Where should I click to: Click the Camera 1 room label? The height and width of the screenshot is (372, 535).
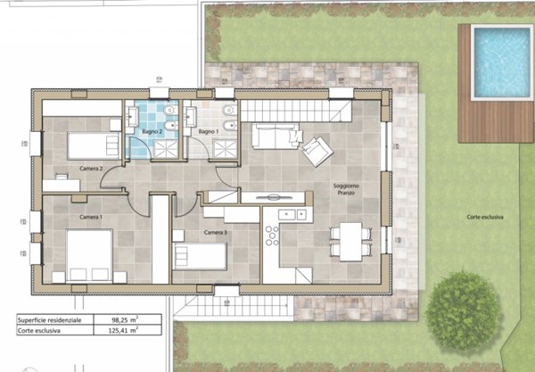(x=91, y=217)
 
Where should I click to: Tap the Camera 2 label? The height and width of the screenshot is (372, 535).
(x=91, y=169)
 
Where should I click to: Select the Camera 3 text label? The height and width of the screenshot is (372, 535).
(x=215, y=233)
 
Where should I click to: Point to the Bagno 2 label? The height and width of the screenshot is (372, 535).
(x=152, y=131)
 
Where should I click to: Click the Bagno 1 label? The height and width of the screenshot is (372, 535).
(x=209, y=131)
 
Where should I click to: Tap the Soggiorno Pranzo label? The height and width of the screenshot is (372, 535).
(x=346, y=189)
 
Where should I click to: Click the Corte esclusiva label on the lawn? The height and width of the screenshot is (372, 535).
(x=485, y=217)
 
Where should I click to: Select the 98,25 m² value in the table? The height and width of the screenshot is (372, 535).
(x=125, y=319)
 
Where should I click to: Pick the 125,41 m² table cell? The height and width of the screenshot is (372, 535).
(x=123, y=330)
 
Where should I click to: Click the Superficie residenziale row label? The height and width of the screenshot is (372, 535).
(x=49, y=320)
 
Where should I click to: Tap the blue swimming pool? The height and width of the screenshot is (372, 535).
(x=502, y=62)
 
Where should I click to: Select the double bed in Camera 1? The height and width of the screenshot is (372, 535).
(x=89, y=256)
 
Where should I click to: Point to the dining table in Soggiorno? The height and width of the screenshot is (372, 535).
(x=350, y=242)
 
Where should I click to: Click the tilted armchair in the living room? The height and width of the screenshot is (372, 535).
(x=317, y=152)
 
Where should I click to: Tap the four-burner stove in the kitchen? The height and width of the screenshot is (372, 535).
(x=272, y=236)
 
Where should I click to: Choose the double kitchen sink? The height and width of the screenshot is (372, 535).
(x=292, y=215)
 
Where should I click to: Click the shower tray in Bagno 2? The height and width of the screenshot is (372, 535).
(x=166, y=149)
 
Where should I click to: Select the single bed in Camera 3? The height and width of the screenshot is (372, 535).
(x=200, y=256)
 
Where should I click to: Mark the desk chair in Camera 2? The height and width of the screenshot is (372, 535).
(x=62, y=177)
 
